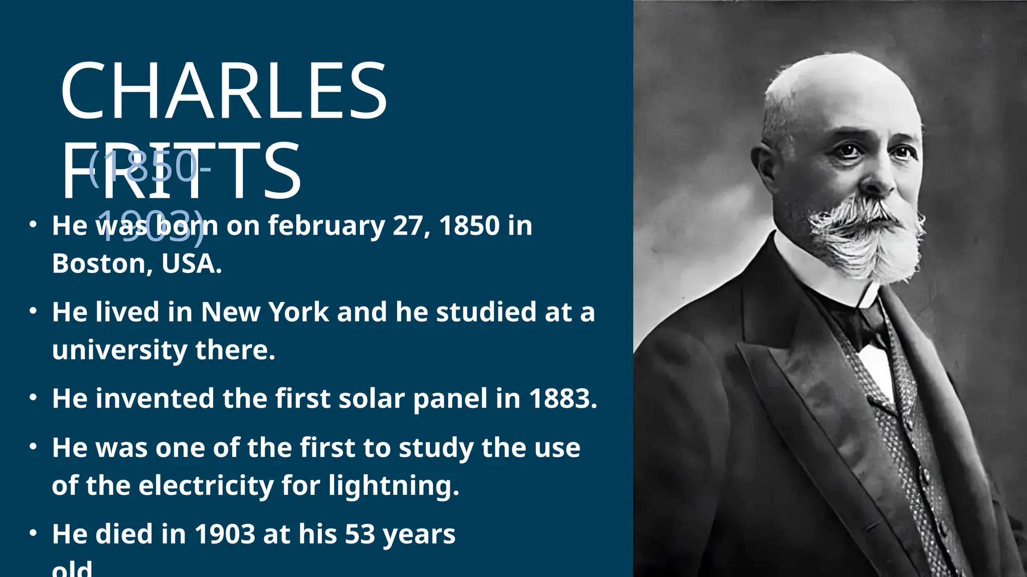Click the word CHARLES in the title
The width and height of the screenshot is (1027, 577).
pyautogui.click(x=224, y=91)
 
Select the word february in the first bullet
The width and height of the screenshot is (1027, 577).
pyautogui.click(x=326, y=226)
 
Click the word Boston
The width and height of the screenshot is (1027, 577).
pyautogui.click(x=100, y=263)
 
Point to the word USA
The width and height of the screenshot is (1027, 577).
pyautogui.click(x=191, y=263)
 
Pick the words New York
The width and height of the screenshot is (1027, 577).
pyautogui.click(x=265, y=312)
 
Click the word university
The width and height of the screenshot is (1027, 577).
pyautogui.click(x=119, y=350)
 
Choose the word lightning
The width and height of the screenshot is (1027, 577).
pyautogui.click(x=393, y=486)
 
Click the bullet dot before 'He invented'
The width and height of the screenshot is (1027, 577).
pyautogui.click(x=33, y=398)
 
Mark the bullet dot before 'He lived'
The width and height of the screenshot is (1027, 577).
pyautogui.click(x=33, y=312)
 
